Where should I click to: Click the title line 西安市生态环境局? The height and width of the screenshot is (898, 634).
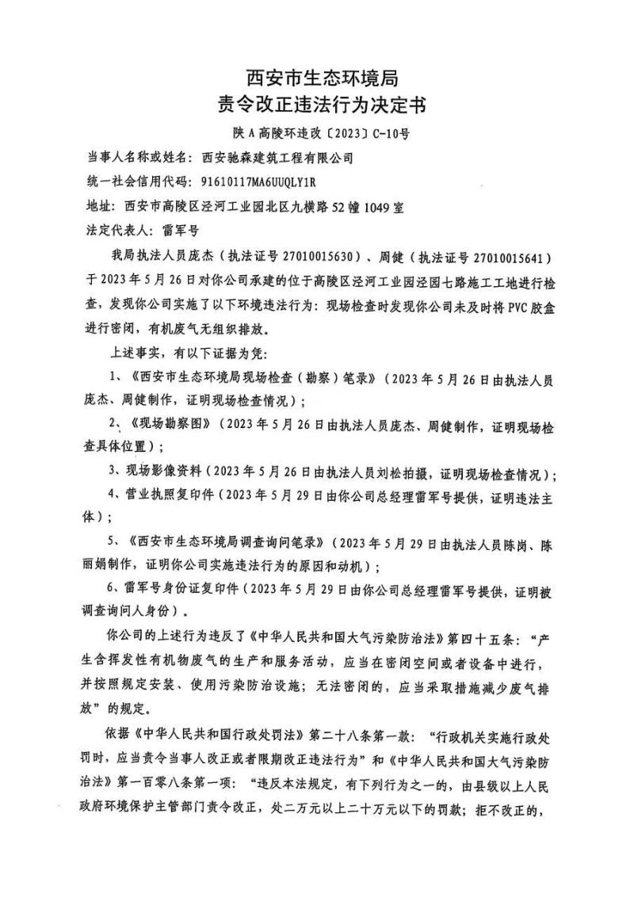click(316, 78)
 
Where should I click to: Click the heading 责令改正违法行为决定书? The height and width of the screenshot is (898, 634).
click(316, 105)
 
